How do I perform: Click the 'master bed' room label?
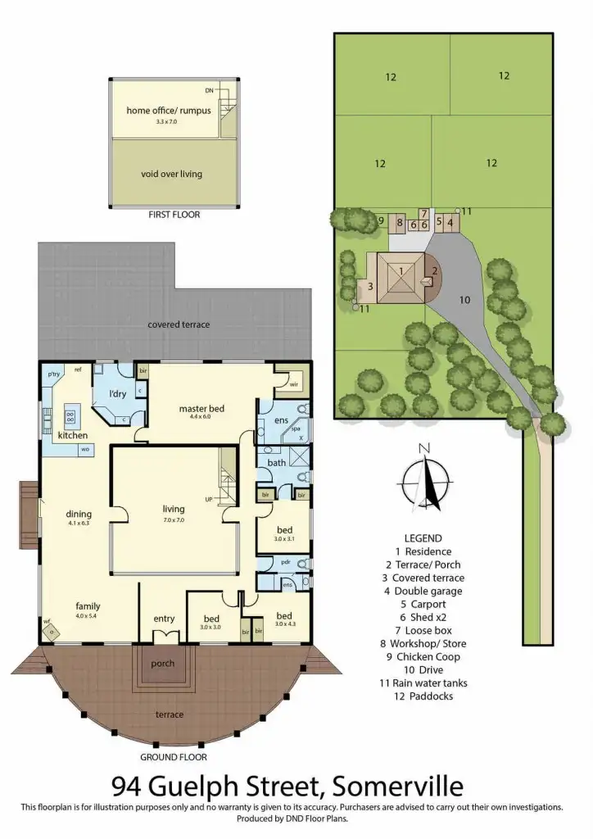pos(201,408)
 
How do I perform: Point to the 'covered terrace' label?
pos(179,324)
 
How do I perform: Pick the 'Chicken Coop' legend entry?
pos(428,656)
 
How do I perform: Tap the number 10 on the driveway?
pos(464,300)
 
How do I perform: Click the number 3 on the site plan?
pos(370,286)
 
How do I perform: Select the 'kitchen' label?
pos(72,435)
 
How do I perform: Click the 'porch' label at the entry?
pos(163,664)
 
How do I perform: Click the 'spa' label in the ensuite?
pos(296,429)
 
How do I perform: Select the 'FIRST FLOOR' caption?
pos(174,215)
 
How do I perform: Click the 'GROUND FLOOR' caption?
pos(173,757)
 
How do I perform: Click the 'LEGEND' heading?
pos(423,538)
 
